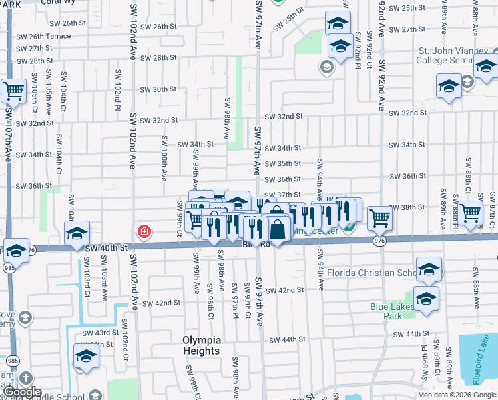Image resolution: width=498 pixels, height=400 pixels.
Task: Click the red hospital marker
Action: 143,232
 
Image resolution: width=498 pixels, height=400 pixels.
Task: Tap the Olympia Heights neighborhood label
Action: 200,345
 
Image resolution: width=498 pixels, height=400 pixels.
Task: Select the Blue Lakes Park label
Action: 392,311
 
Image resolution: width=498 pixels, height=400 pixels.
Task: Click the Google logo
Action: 21,392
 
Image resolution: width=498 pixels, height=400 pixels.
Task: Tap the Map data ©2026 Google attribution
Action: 457,395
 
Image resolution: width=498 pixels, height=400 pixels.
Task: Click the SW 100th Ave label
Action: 164,159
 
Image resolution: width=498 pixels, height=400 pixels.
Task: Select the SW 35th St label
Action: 283,163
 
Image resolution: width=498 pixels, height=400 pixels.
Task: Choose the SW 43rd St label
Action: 101,333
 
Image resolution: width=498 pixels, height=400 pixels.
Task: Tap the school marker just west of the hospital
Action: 77,233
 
